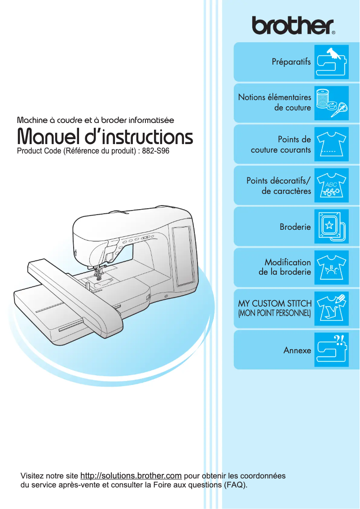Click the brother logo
point(293,26)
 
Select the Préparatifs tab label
point(291,62)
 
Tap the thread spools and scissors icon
point(331,103)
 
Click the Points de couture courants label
point(281,145)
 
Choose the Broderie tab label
point(295,227)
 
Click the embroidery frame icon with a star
point(331,227)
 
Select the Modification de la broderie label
point(285,267)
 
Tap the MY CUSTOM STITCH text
point(274,303)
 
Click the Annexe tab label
point(297,350)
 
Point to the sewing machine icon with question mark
point(331,350)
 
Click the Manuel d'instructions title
point(105,137)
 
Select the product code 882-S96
point(155,151)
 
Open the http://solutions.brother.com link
point(131,476)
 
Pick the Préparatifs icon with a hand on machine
point(331,62)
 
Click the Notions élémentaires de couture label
point(274,102)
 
